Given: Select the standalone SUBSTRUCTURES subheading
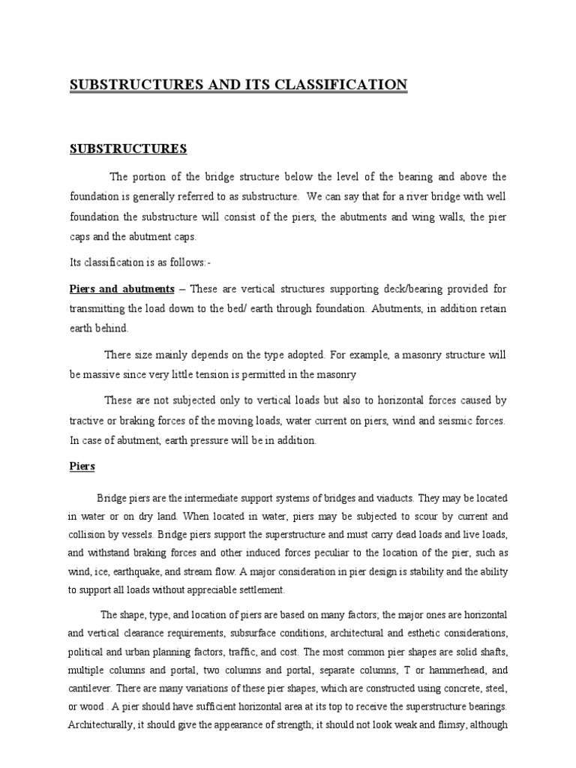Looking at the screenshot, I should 127,148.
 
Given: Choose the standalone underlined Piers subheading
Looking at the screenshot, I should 82,466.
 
